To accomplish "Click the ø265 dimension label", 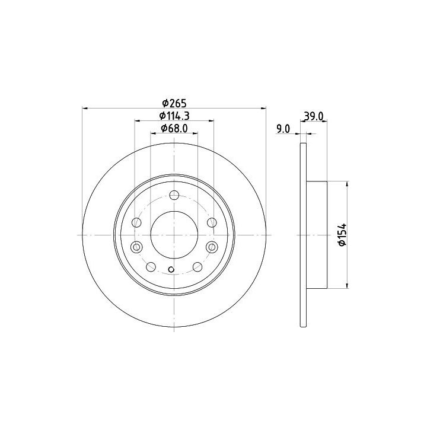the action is point(174,103).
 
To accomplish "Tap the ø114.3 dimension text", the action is point(174,116).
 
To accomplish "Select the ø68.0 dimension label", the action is point(174,128).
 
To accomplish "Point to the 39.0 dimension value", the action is point(313,117).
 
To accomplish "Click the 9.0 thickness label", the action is point(283,129).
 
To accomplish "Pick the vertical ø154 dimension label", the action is point(342,235).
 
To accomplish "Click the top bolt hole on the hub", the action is point(174,195).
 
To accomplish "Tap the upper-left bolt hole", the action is point(136,222).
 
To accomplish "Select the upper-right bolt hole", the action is point(212,222).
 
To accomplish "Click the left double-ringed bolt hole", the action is point(136,247).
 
